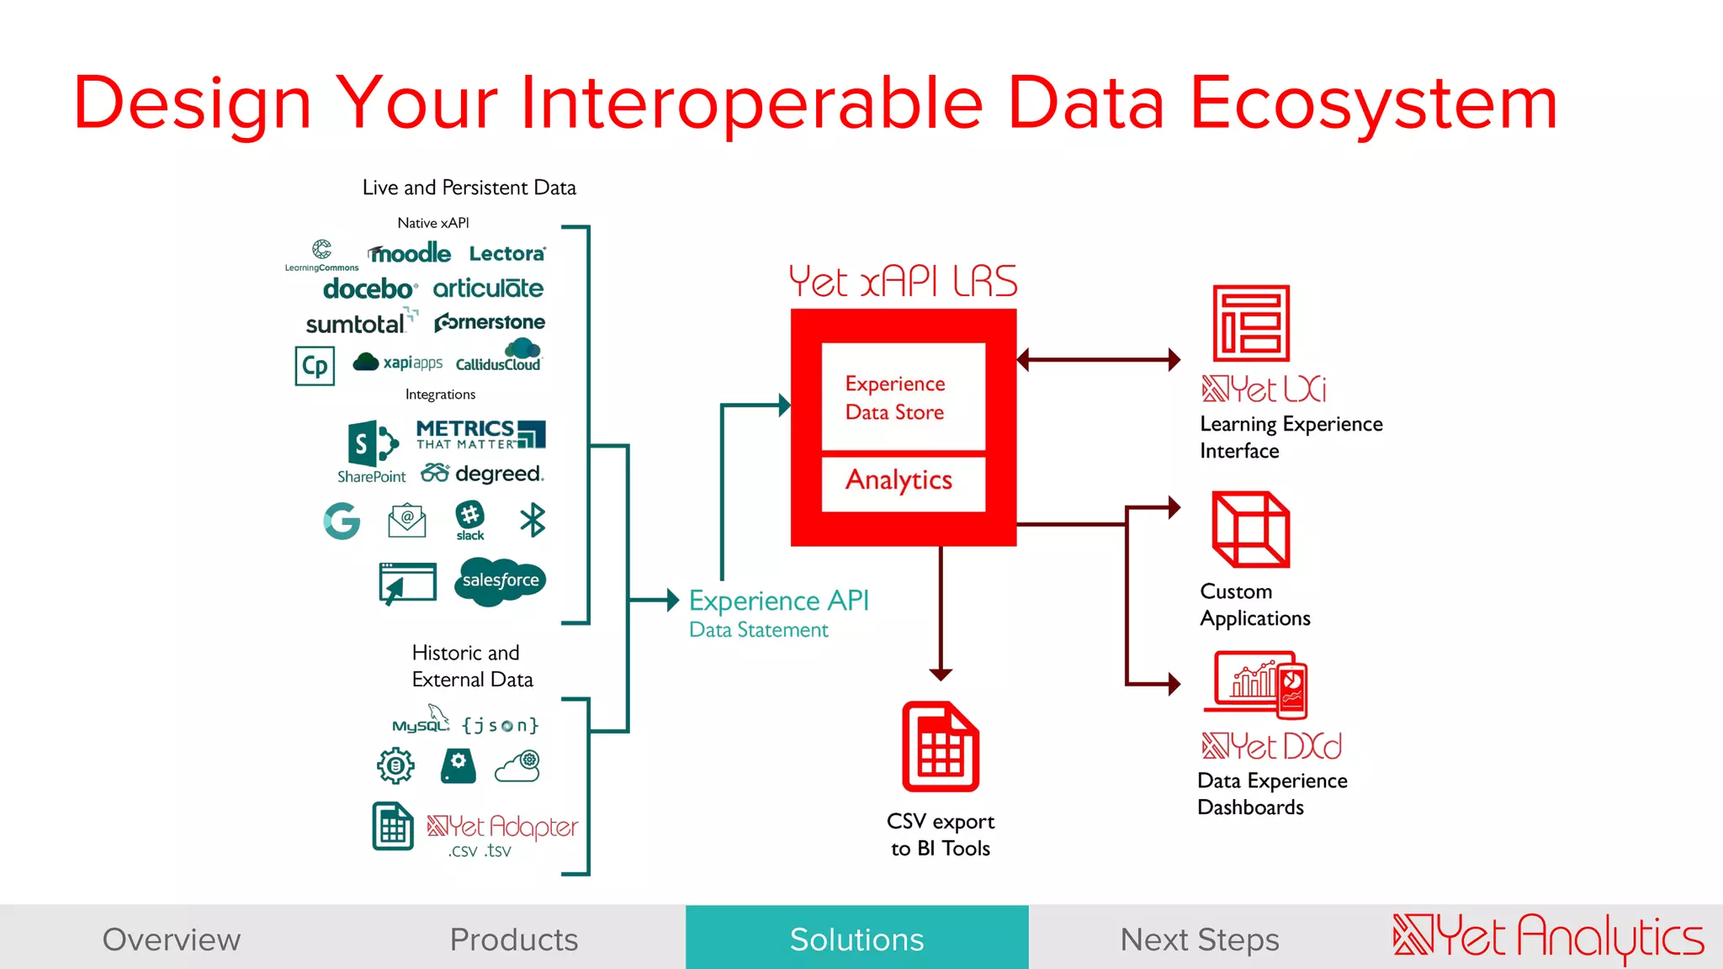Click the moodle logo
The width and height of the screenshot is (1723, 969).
click(410, 253)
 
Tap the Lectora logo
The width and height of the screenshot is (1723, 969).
click(507, 253)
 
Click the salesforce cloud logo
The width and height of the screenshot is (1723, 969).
click(501, 580)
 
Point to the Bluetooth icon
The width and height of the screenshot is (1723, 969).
click(533, 520)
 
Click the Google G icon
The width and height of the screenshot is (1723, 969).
click(342, 521)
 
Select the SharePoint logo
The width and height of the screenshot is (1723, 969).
click(372, 452)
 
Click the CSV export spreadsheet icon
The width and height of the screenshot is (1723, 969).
click(941, 747)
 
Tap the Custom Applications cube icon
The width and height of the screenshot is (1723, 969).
click(1250, 530)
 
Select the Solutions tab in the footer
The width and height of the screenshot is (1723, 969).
click(856, 939)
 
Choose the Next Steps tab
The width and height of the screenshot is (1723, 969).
click(1199, 939)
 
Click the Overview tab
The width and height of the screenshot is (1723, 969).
click(172, 939)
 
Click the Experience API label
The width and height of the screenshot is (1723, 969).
click(778, 601)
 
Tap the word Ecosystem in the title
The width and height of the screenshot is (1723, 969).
click(1373, 103)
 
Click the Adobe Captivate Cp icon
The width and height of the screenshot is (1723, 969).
click(315, 366)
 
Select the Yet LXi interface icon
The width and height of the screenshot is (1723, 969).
click(1250, 323)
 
